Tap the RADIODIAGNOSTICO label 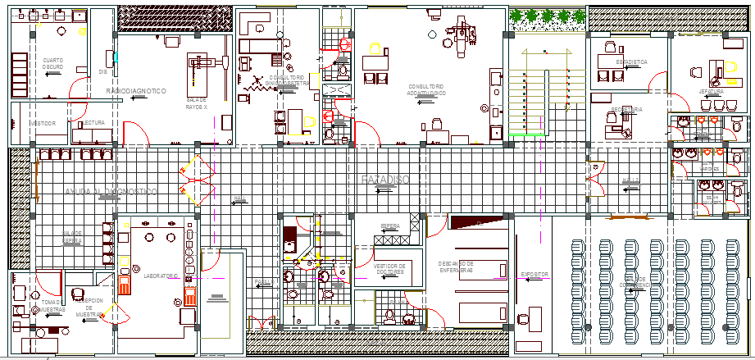click(x=136, y=89)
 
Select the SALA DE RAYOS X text click(x=196, y=103)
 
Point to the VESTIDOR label click(x=43, y=123)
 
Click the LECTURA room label click(x=93, y=122)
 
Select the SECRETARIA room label click(x=626, y=109)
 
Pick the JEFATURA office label click(x=710, y=92)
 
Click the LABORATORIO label click(x=161, y=276)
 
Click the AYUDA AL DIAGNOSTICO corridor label click(x=111, y=190)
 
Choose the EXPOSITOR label click(x=534, y=275)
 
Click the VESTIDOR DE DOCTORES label click(x=390, y=269)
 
